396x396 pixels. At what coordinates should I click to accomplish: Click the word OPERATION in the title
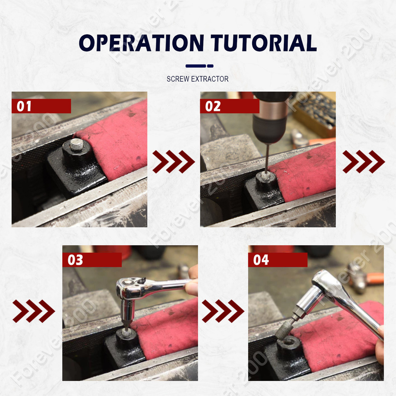142,43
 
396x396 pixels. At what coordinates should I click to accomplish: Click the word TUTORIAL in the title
264,43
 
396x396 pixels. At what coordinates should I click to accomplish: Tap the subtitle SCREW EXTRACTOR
198,79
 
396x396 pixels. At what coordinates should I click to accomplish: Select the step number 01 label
24,106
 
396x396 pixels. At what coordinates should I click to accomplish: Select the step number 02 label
213,106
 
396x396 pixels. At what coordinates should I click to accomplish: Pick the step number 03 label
75,260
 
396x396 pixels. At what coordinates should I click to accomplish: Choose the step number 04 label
261,260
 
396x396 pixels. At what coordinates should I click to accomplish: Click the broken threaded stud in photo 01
76,145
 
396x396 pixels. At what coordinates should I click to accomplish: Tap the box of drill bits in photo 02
314,114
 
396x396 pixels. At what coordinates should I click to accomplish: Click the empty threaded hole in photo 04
288,343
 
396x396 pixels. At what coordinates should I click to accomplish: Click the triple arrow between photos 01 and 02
174,162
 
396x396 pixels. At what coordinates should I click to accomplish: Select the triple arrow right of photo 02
364,162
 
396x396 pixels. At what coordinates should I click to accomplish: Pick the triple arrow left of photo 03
34,311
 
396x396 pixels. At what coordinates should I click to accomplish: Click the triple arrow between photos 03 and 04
223,311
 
